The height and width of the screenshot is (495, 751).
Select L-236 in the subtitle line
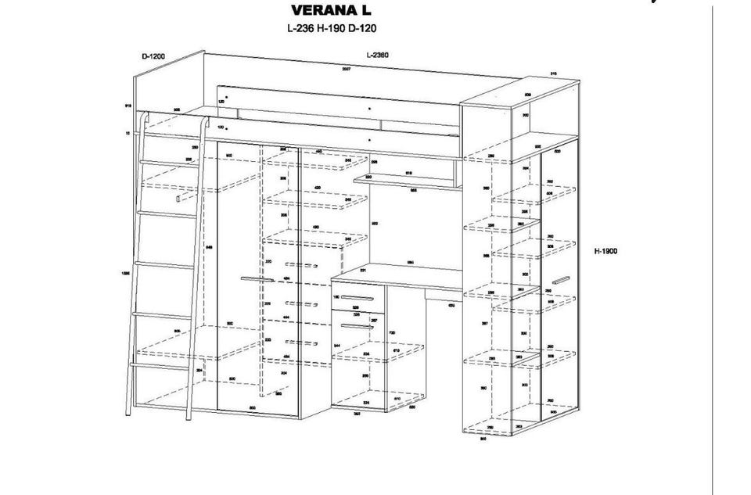pyautogui.click(x=301, y=28)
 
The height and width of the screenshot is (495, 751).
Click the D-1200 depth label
pyautogui.click(x=153, y=56)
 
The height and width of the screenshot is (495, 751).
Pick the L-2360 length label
pyautogui.click(x=377, y=56)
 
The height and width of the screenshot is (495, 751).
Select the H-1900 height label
pyautogui.click(x=605, y=251)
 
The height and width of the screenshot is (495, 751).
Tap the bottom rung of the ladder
pyautogui.click(x=160, y=364)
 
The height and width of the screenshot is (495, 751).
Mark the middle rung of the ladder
pyautogui.click(x=165, y=265)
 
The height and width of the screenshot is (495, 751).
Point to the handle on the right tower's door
pyautogui.click(x=560, y=281)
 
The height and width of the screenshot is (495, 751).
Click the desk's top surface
pyautogui.click(x=407, y=274)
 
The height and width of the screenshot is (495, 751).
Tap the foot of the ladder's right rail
pyautogui.click(x=189, y=416)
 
